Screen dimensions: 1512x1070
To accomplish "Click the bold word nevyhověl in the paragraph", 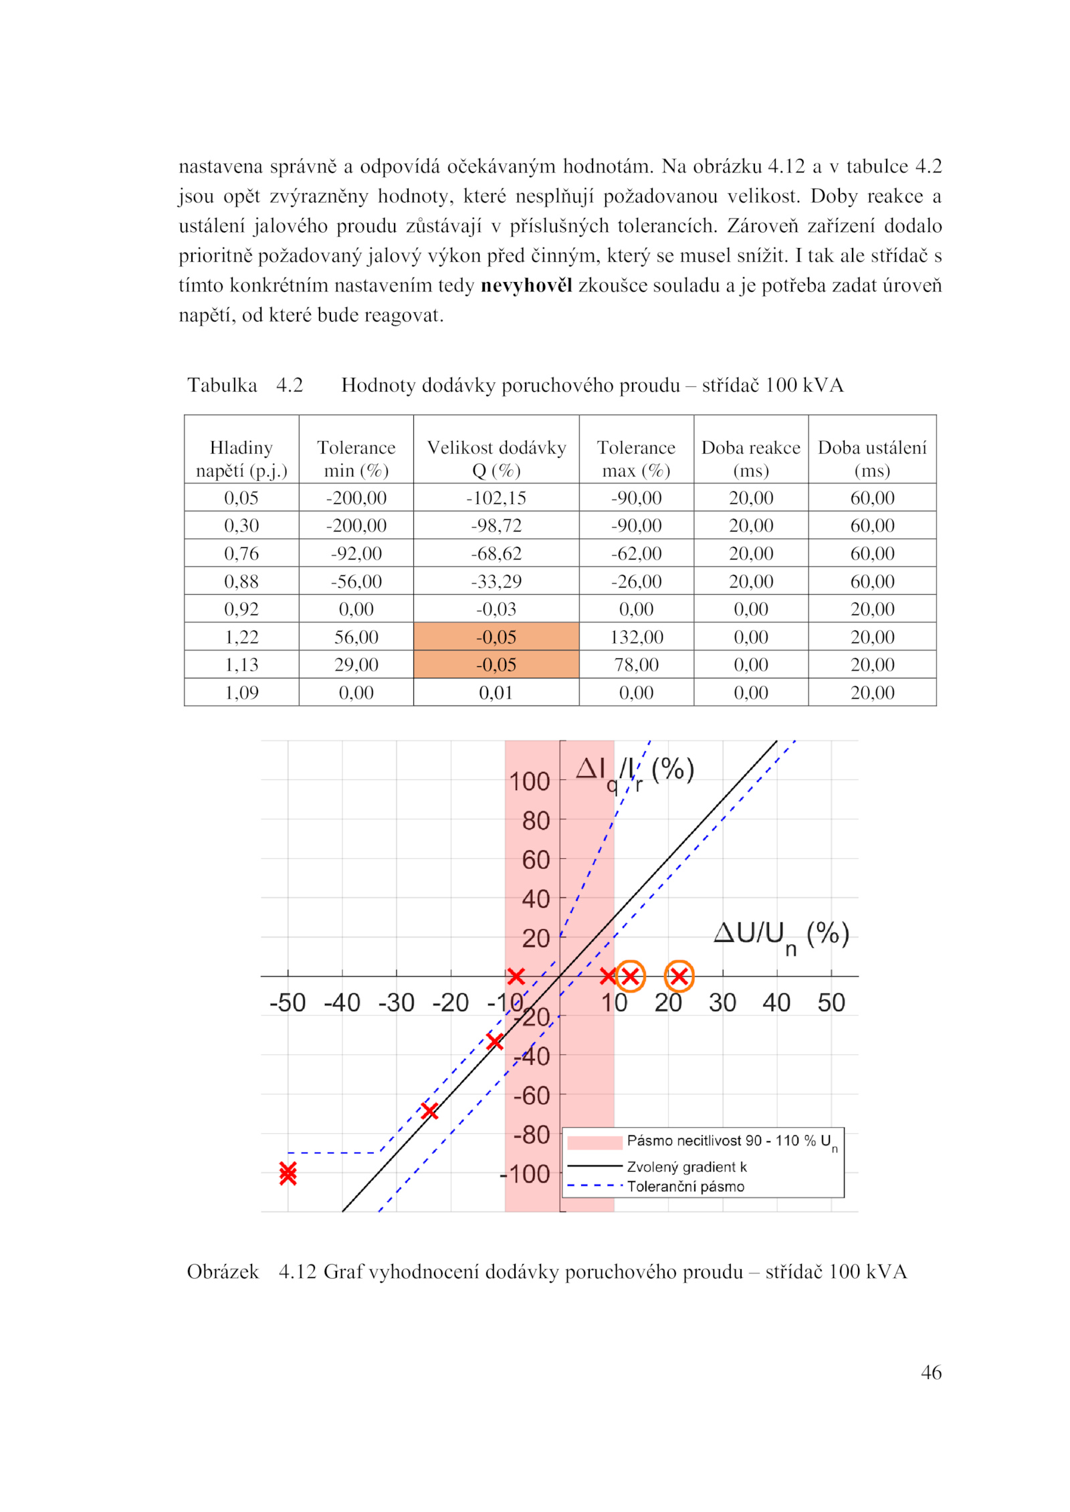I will tap(526, 285).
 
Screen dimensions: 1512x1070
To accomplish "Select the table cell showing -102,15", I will tap(496, 498).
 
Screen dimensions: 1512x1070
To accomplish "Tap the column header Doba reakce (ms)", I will tap(750, 459).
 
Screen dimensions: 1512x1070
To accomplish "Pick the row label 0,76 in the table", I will tap(241, 553).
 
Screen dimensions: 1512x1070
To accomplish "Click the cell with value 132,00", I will tap(636, 637).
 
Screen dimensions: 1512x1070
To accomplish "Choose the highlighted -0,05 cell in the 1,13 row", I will tap(496, 665).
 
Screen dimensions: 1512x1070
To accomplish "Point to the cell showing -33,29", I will tap(496, 582).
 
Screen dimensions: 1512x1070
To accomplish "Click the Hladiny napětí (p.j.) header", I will tap(241, 459).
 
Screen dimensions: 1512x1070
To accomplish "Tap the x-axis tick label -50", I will tap(288, 1003).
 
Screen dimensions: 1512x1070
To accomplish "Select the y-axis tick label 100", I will tap(529, 781).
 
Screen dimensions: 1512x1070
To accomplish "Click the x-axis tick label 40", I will tap(776, 1003).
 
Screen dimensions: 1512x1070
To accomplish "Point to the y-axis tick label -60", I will tap(531, 1096).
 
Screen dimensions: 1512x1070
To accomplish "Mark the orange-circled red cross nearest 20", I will tap(679, 977).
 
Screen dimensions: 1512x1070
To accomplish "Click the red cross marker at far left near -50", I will tap(288, 1173).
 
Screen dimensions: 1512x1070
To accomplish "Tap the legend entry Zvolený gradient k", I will tap(686, 1167).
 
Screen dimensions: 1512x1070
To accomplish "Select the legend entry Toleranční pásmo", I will tap(685, 1186).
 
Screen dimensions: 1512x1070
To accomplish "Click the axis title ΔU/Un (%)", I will tap(780, 934).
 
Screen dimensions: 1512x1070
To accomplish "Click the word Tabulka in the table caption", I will tap(222, 385).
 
